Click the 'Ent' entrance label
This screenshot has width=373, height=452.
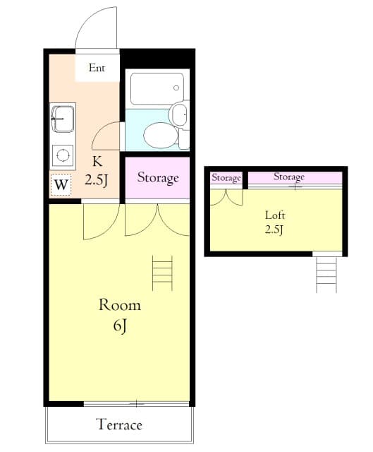[x=97, y=69]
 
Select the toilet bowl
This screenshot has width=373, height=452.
[x=159, y=134]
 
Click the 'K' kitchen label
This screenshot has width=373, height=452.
[x=97, y=161]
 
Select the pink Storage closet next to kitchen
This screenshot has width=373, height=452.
[x=157, y=177]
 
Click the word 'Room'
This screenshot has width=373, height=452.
[x=119, y=305]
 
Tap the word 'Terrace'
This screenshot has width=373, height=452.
[x=119, y=424]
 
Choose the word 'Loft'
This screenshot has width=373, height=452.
[x=275, y=215]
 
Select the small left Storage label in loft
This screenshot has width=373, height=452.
[x=226, y=178]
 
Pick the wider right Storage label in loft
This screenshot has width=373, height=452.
[x=289, y=177]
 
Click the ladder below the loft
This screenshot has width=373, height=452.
[x=326, y=274]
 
